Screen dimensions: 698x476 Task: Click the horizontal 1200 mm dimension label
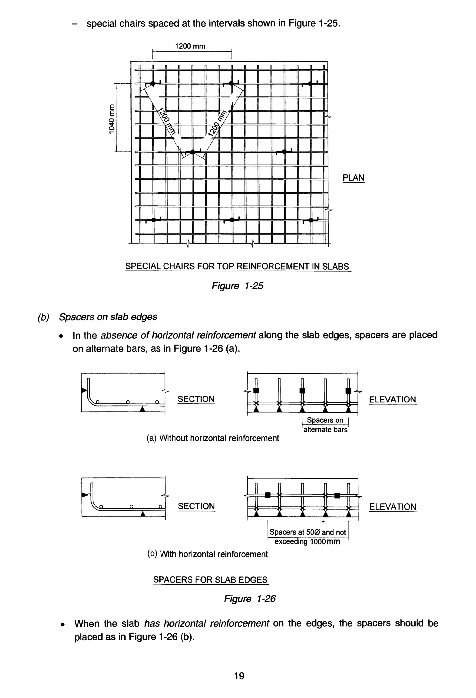tap(190, 46)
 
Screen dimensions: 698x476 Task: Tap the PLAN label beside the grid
tap(353, 178)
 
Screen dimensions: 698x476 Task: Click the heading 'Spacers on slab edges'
tap(108, 317)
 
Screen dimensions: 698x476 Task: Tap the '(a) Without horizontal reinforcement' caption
tap(213, 438)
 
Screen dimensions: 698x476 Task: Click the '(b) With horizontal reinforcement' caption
tap(207, 554)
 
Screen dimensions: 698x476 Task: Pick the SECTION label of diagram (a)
tap(196, 399)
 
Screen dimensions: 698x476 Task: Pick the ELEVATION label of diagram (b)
tap(393, 507)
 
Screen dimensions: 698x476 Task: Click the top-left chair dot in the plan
tap(153, 83)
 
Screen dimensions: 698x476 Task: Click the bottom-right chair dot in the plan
tap(311, 220)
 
